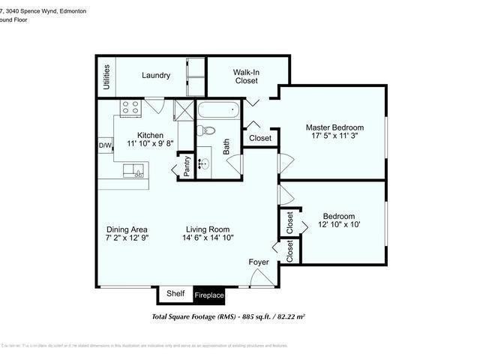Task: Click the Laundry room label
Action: click(x=156, y=76)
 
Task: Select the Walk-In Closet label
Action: click(x=246, y=76)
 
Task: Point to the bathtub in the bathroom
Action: click(x=218, y=113)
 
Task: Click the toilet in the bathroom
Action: click(x=205, y=131)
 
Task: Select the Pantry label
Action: click(x=187, y=165)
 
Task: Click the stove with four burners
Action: click(x=130, y=107)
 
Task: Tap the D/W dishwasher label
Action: click(x=106, y=145)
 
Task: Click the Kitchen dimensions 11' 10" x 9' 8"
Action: click(x=150, y=142)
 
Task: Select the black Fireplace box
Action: click(x=209, y=295)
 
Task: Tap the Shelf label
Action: click(x=175, y=294)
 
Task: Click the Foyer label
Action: click(x=259, y=262)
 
